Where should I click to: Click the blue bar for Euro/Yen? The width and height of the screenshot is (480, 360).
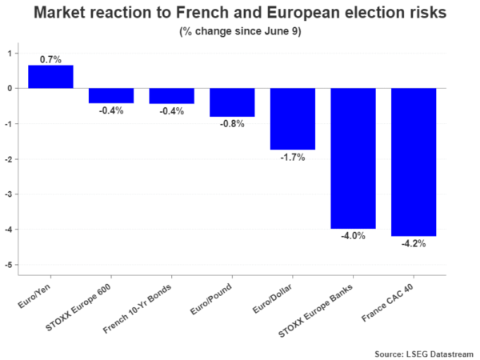[50, 77]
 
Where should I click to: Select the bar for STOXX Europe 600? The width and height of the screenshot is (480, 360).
[111, 96]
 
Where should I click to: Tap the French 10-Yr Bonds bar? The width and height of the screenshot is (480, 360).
[171, 96]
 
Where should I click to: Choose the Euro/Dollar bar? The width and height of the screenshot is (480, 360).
[293, 118]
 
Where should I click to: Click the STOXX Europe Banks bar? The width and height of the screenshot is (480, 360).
[353, 158]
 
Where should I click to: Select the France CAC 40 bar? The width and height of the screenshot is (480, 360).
[414, 162]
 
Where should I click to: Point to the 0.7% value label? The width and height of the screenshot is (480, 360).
[50, 59]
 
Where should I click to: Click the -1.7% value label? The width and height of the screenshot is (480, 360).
[293, 157]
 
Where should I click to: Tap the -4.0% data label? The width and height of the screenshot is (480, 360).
[353, 236]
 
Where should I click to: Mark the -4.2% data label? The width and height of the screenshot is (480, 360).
[414, 244]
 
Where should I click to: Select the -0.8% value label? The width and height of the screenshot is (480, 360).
[232, 124]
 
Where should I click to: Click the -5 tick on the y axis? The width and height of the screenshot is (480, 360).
[10, 265]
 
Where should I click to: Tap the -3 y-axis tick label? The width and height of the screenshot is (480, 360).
[10, 194]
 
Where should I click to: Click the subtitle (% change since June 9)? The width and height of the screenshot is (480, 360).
[239, 32]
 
